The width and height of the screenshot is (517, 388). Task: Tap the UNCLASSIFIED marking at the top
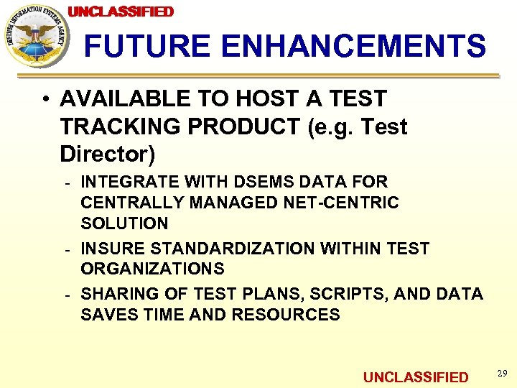121,11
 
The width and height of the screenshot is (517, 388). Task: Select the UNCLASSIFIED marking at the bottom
415,377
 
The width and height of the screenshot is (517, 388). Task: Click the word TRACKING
118,126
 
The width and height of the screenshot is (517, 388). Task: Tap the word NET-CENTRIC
347,203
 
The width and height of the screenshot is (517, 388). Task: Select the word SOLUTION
124,223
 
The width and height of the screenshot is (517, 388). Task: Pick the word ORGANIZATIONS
152,269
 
